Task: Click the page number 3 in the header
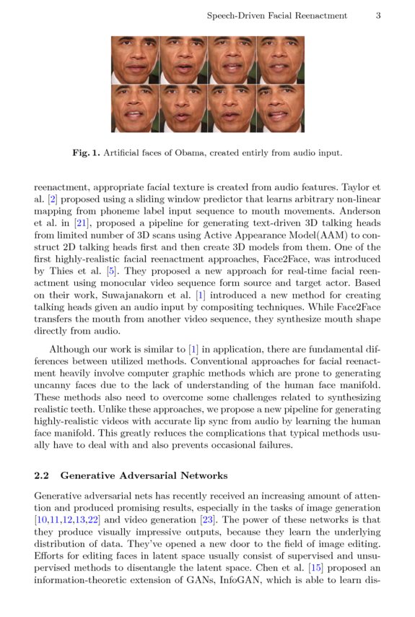[x=377, y=15]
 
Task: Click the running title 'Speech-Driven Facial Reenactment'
[x=276, y=15]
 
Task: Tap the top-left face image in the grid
[x=135, y=60]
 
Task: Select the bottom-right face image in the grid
[x=281, y=108]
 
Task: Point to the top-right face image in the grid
[x=281, y=60]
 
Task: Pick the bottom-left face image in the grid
[x=135, y=108]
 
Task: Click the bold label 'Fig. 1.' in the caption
[x=87, y=153]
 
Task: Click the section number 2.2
[x=42, y=475]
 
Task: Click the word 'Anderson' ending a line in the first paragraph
[x=358, y=211]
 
